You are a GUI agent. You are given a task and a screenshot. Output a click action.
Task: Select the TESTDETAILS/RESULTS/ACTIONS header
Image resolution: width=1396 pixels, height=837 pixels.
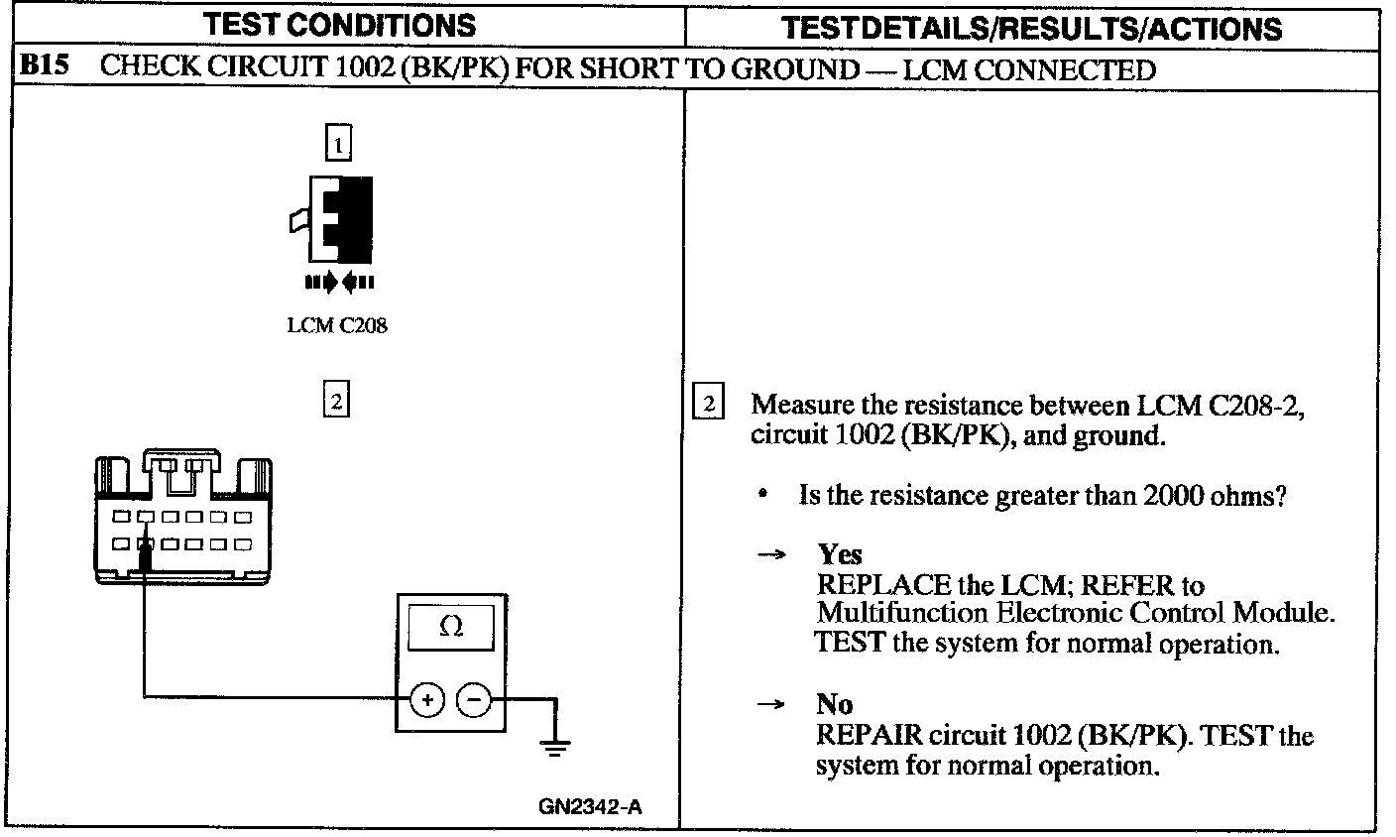pos(1031,27)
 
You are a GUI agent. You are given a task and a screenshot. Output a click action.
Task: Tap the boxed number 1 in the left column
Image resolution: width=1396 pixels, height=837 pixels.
pos(339,146)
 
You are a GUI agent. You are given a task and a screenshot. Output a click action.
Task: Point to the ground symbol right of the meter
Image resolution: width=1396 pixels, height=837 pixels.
pos(555,745)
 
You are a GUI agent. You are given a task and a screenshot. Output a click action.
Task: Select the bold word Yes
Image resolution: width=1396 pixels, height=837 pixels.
pos(839,555)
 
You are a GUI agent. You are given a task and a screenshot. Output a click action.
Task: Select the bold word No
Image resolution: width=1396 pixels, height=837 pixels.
pos(834,704)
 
